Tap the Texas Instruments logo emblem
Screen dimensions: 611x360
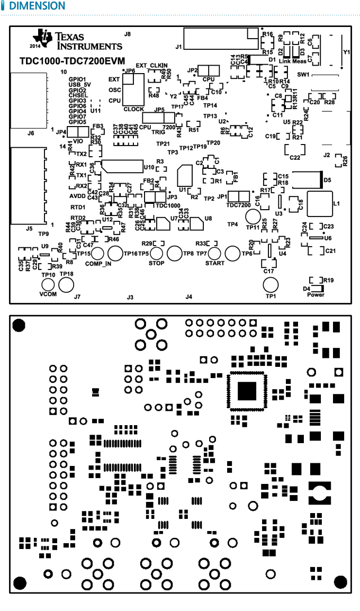point(43,37)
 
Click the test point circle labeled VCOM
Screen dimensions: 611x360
point(48,285)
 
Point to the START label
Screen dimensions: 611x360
point(214,263)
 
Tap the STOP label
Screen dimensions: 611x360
point(156,263)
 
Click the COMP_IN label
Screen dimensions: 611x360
point(98,263)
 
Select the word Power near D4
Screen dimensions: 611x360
point(316,294)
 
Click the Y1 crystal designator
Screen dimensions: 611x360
point(347,52)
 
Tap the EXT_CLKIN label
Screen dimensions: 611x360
point(151,65)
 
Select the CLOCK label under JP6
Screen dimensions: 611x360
point(133,109)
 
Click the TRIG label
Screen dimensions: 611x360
point(158,132)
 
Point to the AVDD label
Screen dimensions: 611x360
point(77,195)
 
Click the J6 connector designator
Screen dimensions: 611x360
point(31,133)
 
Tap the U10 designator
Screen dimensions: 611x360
point(149,167)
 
